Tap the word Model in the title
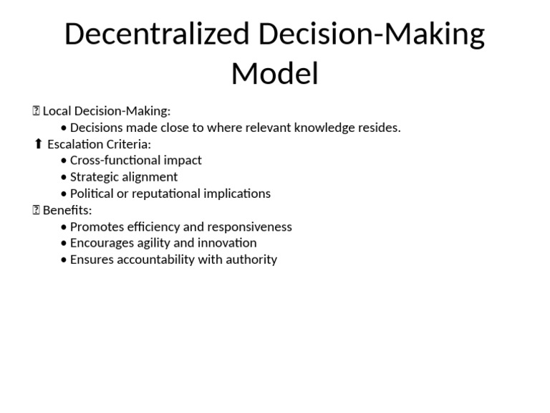point(274,74)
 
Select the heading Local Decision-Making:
point(107,111)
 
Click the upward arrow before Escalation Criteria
point(39,144)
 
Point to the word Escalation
point(75,144)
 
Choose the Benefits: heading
point(67,210)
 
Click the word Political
point(92,194)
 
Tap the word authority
point(251,260)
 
